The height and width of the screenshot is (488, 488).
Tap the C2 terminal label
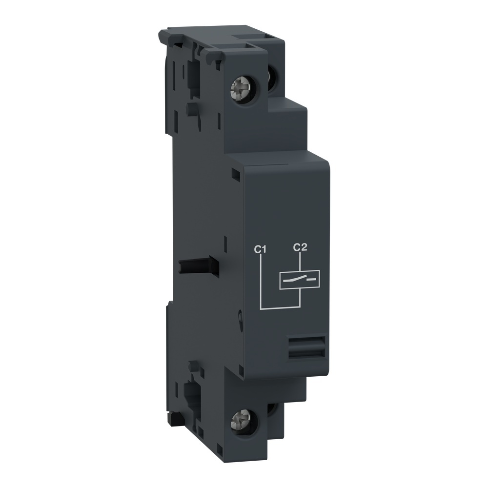point(299,247)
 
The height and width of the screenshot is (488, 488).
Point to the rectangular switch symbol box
point(299,280)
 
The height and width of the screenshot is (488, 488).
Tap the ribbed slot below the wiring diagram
point(306,348)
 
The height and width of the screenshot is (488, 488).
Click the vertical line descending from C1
point(262,281)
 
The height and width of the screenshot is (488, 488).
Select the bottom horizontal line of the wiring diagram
point(279,308)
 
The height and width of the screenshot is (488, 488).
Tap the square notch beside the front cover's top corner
point(236,173)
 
